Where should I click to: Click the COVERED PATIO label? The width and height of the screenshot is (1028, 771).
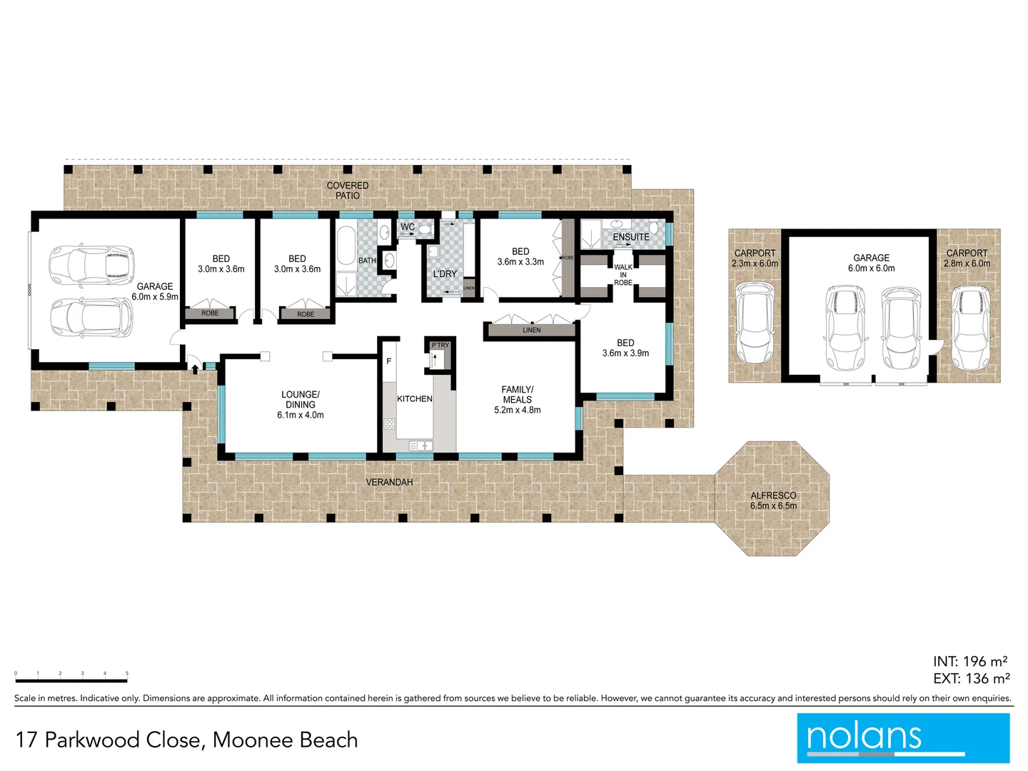[x=348, y=191]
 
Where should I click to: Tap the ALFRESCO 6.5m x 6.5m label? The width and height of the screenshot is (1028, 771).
[x=773, y=500]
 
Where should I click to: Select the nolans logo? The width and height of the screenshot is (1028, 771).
[x=903, y=737]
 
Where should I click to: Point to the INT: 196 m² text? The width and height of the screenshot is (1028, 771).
[x=970, y=662]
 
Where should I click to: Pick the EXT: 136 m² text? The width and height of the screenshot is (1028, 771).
[x=971, y=679]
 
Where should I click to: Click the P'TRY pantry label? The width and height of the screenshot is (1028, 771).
[x=440, y=346]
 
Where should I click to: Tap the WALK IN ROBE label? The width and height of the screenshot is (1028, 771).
[x=623, y=275]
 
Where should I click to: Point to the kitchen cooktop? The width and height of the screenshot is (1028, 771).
[x=390, y=424]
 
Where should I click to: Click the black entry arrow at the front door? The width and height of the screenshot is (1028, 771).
[x=195, y=368]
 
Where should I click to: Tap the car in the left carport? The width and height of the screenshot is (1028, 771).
[x=755, y=323]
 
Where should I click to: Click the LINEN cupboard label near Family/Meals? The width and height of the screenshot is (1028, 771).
[x=532, y=330]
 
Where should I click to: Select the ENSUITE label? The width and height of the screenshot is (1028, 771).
[x=631, y=237]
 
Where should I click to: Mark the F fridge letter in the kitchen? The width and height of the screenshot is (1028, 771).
[x=389, y=361]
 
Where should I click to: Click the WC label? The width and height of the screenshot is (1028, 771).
[x=408, y=227]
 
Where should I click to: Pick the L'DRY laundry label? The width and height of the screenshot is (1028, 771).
[x=445, y=274]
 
